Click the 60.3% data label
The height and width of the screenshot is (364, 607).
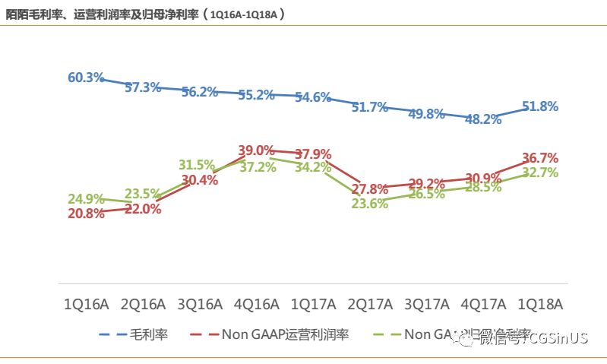pyautogui.click(x=86, y=78)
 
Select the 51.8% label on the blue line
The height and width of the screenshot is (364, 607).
pyautogui.click(x=540, y=106)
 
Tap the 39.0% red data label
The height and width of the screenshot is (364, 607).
pyautogui.click(x=256, y=150)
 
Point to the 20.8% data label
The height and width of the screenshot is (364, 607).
pyautogui.click(x=86, y=214)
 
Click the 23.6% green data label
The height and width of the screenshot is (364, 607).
pyautogui.click(x=369, y=203)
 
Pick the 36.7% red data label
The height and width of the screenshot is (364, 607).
pyautogui.click(x=540, y=158)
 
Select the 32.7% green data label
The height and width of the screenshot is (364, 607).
pyautogui.click(x=540, y=173)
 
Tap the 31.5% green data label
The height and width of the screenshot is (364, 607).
pyautogui.click(x=197, y=165)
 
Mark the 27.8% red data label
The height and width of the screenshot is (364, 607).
pyautogui.click(x=370, y=188)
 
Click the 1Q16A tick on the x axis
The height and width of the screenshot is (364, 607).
pyautogui.click(x=86, y=305)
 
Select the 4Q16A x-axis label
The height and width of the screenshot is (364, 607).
pyautogui.click(x=256, y=305)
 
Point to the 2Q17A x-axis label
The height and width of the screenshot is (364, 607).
pyautogui.click(x=370, y=305)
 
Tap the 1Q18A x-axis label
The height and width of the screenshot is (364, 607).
pyautogui.click(x=540, y=305)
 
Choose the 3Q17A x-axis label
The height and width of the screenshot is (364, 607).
pyautogui.click(x=426, y=305)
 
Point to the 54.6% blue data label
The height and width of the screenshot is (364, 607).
pyautogui.click(x=313, y=97)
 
